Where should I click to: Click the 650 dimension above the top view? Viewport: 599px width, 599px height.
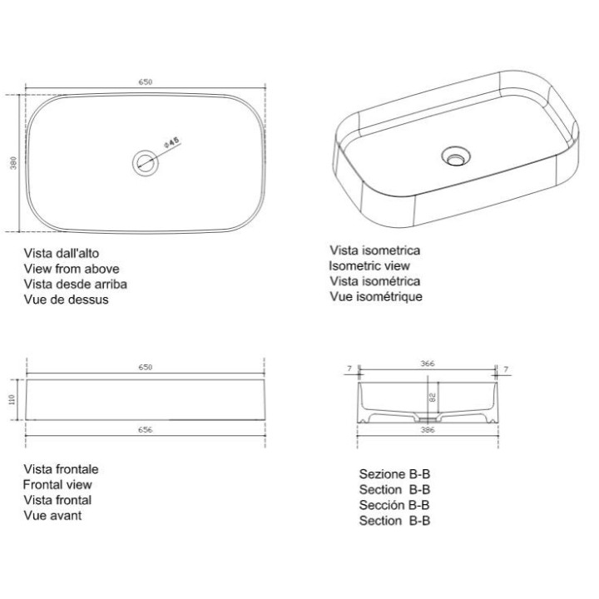145,82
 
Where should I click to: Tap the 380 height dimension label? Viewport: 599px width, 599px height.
13,163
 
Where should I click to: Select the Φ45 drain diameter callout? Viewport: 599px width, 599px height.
171,142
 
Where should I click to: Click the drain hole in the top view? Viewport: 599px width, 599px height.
146,163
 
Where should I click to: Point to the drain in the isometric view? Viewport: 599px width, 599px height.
456,156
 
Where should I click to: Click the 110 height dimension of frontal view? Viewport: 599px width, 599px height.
12,399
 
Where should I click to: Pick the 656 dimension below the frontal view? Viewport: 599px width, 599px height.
145,430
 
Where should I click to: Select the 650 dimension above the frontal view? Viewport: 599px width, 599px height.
145,367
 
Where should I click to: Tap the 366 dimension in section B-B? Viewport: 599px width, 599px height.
428,364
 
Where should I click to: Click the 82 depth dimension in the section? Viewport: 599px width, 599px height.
433,398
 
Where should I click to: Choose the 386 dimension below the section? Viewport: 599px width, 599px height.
428,430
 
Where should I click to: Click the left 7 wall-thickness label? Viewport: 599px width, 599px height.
349,369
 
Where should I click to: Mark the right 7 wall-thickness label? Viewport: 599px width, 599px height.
506,369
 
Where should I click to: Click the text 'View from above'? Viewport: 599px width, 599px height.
72,269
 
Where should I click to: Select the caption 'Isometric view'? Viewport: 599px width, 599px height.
369,265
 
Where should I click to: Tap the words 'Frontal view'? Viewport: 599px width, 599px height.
57,484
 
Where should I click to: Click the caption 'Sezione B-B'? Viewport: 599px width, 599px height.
394,474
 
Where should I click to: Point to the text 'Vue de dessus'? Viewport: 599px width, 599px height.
66,299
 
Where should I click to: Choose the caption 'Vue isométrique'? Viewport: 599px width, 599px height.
376,296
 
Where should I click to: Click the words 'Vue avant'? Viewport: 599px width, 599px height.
52,515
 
